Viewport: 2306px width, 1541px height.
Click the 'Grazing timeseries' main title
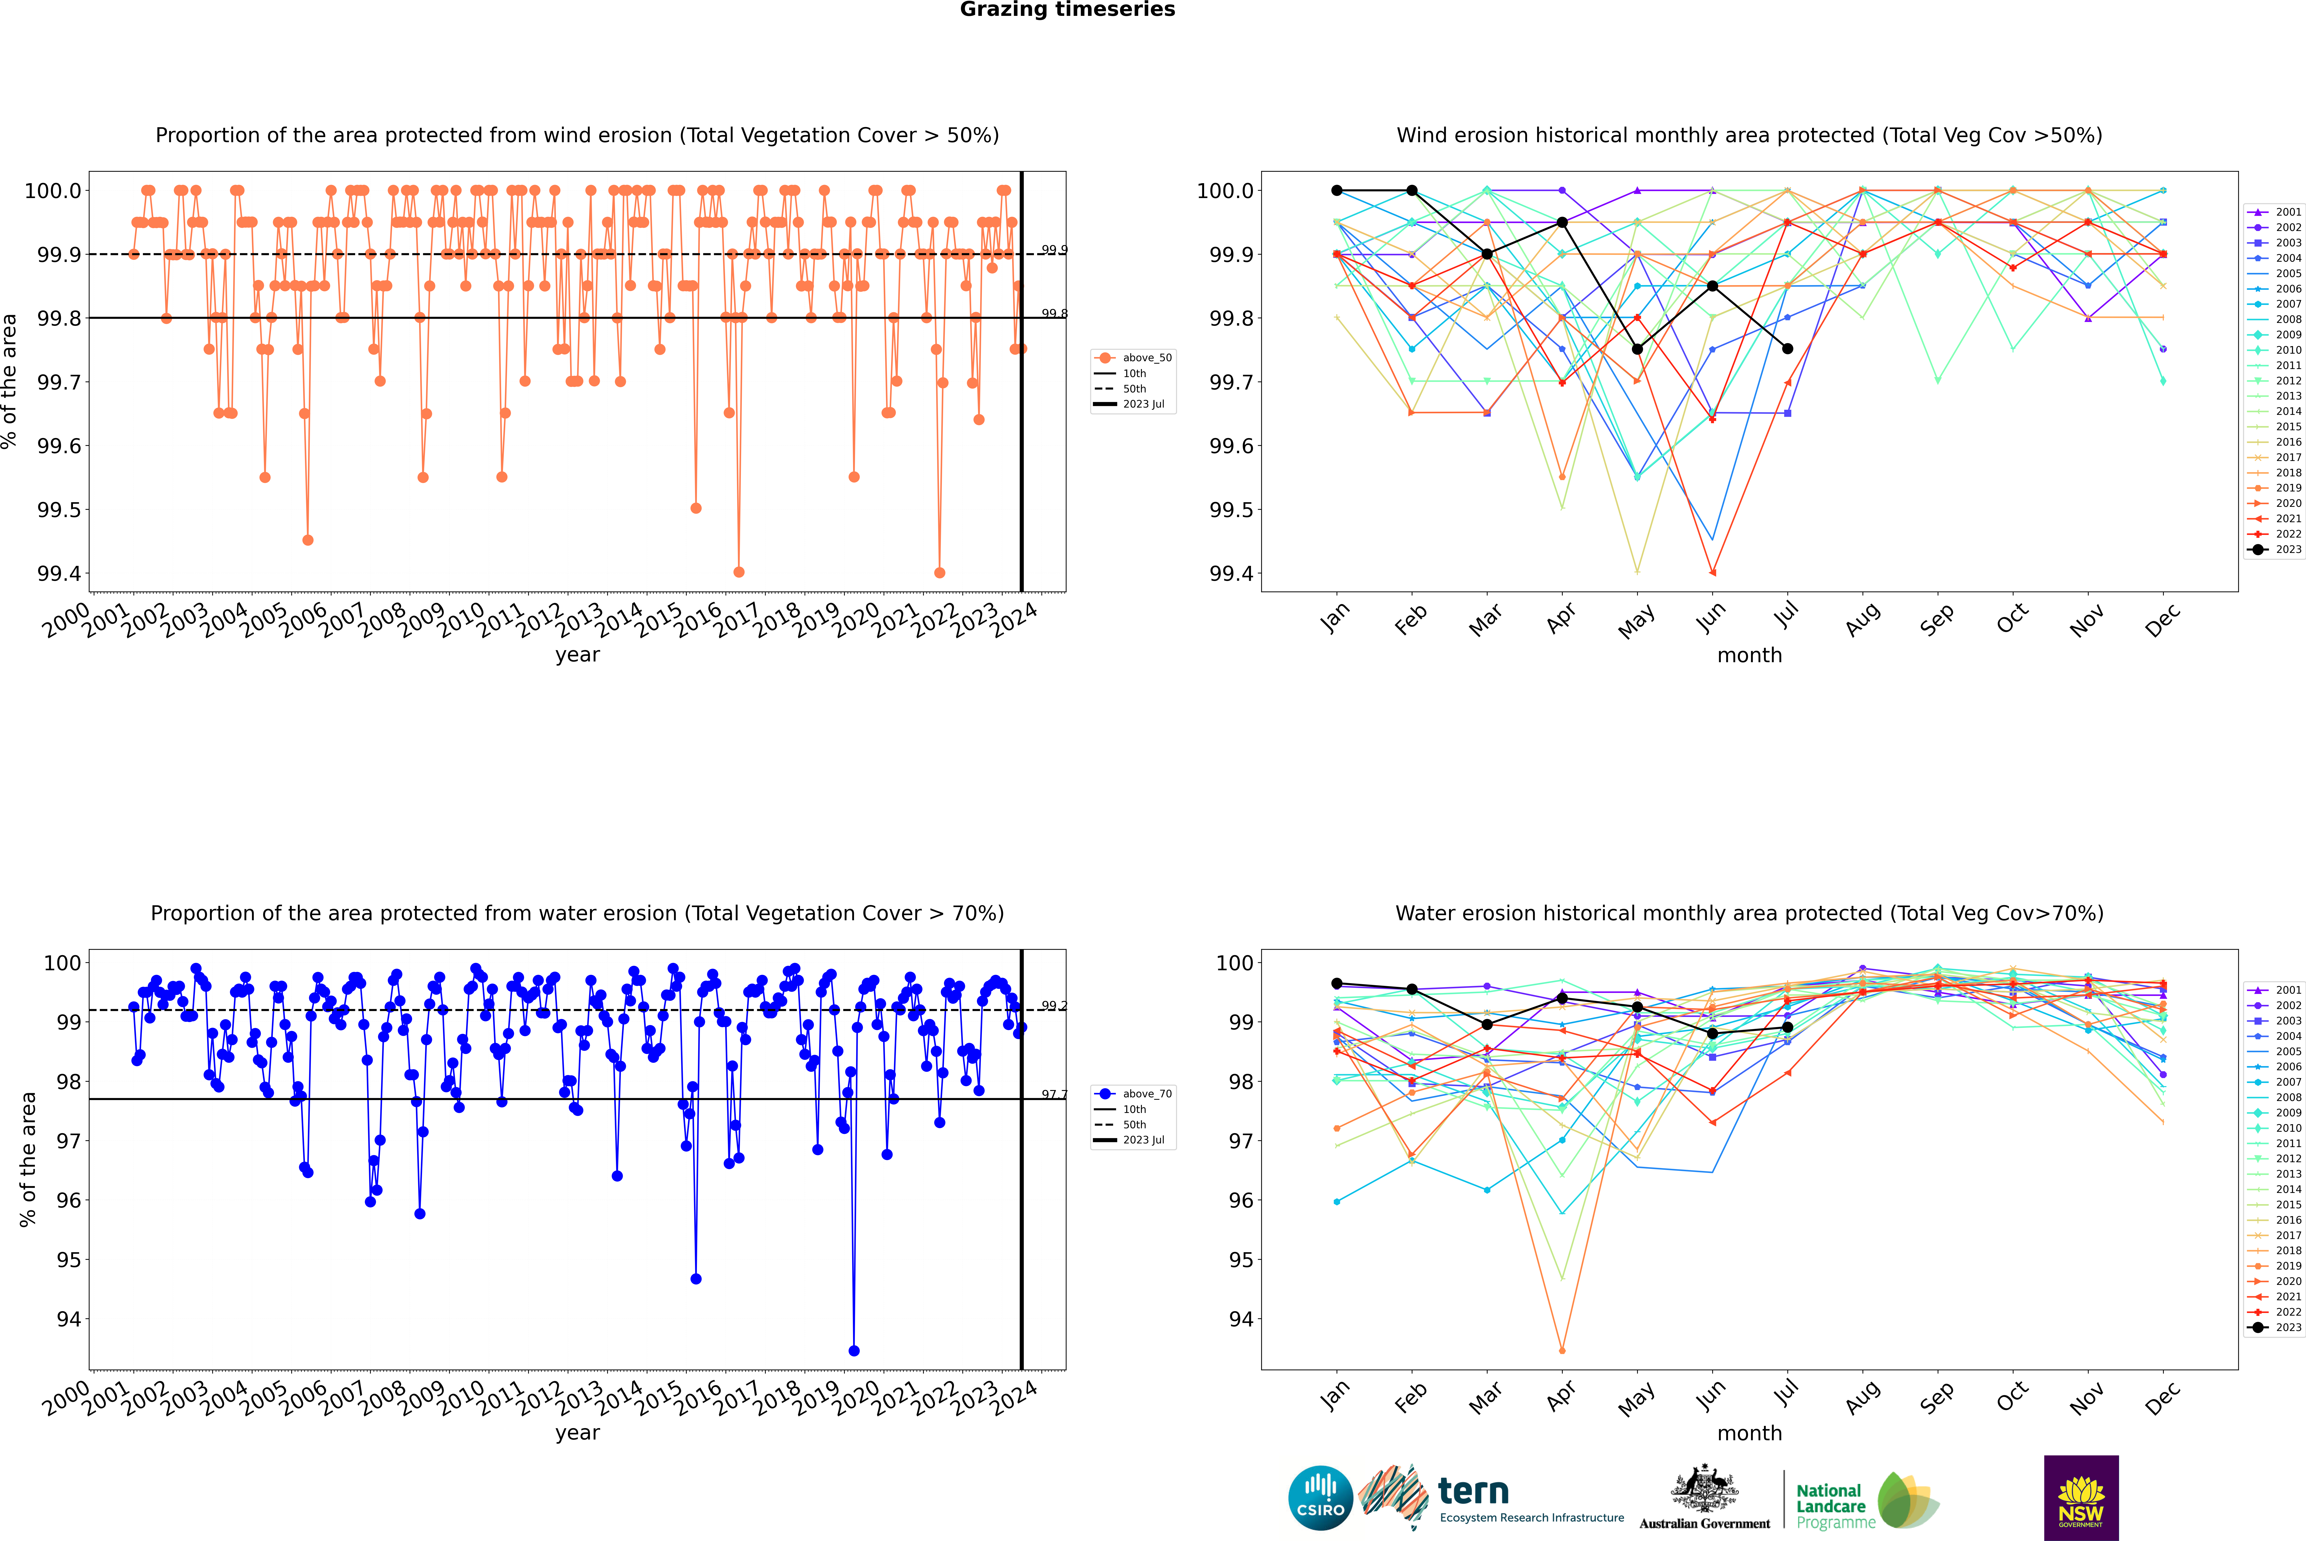click(1067, 10)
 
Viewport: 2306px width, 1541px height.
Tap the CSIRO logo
click(1320, 1498)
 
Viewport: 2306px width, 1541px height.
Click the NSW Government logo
click(2081, 1498)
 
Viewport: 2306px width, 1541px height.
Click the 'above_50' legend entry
click(1133, 358)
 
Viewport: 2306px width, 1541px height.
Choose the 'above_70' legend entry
click(1133, 1094)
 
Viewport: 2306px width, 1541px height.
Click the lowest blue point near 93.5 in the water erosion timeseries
click(853, 1350)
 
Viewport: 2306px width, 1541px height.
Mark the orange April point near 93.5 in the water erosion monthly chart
click(1562, 1350)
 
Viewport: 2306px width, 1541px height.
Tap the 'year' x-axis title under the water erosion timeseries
click(577, 1433)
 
